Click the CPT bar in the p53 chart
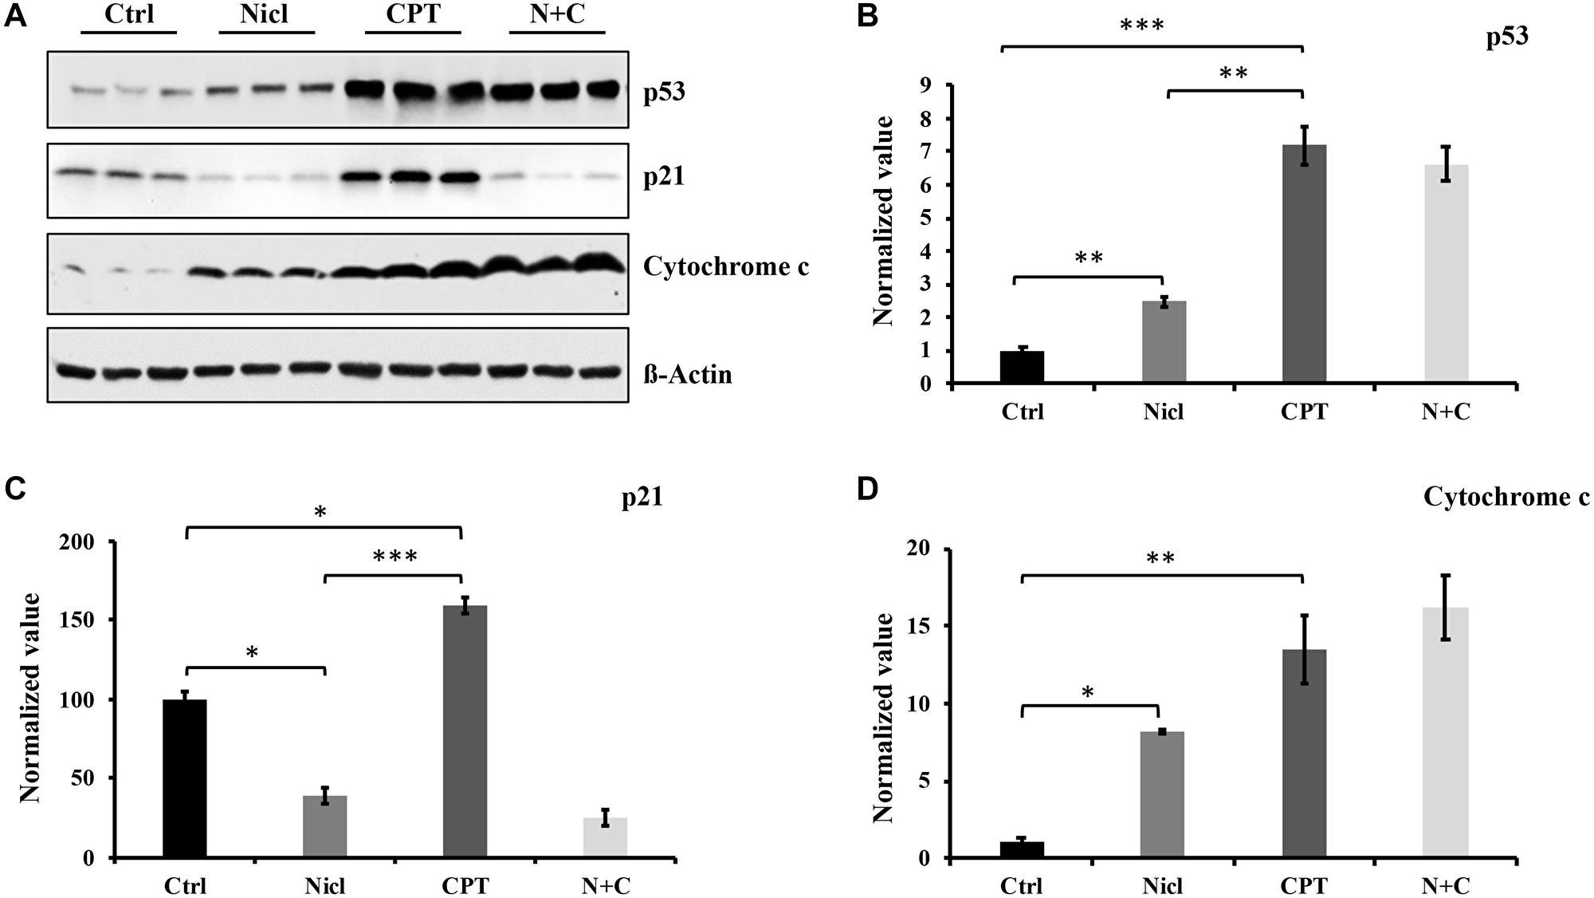coord(1304,264)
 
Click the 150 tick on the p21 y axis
coord(80,620)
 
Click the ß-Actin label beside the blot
coord(687,374)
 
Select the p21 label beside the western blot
coord(664,176)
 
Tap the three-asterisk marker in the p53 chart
coord(1141,26)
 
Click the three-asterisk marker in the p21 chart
coord(395,557)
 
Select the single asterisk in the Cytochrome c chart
coord(1087,692)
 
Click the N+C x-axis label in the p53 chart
coord(1446,412)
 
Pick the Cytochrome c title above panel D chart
coord(1506,498)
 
